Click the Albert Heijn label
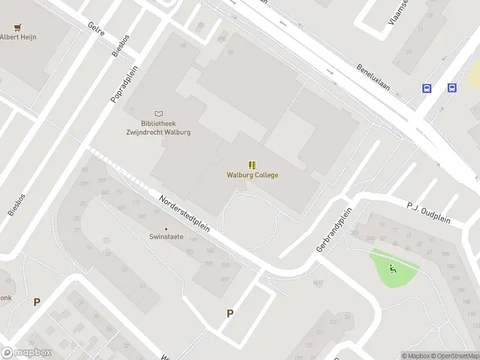pos(19,37)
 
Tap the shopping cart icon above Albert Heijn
pos(18,27)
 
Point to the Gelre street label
pos(96,30)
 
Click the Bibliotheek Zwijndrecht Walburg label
pos(158,128)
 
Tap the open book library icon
pos(158,113)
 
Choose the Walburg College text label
pos(253,175)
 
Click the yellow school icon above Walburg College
pos(252,164)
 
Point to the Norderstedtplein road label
pos(184,214)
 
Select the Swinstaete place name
pos(166,237)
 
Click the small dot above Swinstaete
pos(166,229)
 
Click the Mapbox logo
pos(26,353)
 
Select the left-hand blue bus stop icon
pos(427,88)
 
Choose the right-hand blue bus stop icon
pos(452,88)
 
